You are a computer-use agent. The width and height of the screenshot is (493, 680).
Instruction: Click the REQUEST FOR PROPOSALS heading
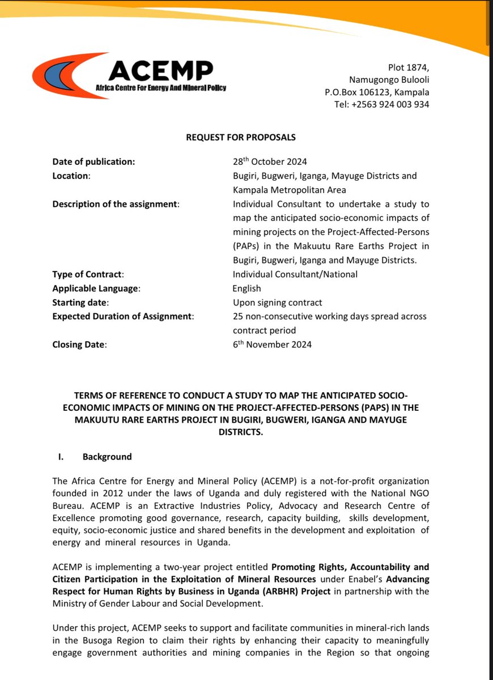[241, 137]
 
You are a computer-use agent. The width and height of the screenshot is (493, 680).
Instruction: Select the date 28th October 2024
[271, 161]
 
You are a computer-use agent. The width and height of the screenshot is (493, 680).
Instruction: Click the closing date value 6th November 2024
[272, 344]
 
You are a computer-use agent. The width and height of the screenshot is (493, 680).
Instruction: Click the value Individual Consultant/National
[295, 274]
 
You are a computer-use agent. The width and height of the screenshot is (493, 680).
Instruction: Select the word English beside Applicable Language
[246, 288]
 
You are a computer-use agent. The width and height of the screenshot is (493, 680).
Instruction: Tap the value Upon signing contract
[278, 302]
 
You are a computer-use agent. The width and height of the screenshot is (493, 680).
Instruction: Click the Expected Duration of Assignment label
[123, 316]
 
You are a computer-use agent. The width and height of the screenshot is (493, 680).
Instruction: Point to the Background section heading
[107, 457]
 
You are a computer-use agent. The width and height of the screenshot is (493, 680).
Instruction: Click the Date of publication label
[93, 161]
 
